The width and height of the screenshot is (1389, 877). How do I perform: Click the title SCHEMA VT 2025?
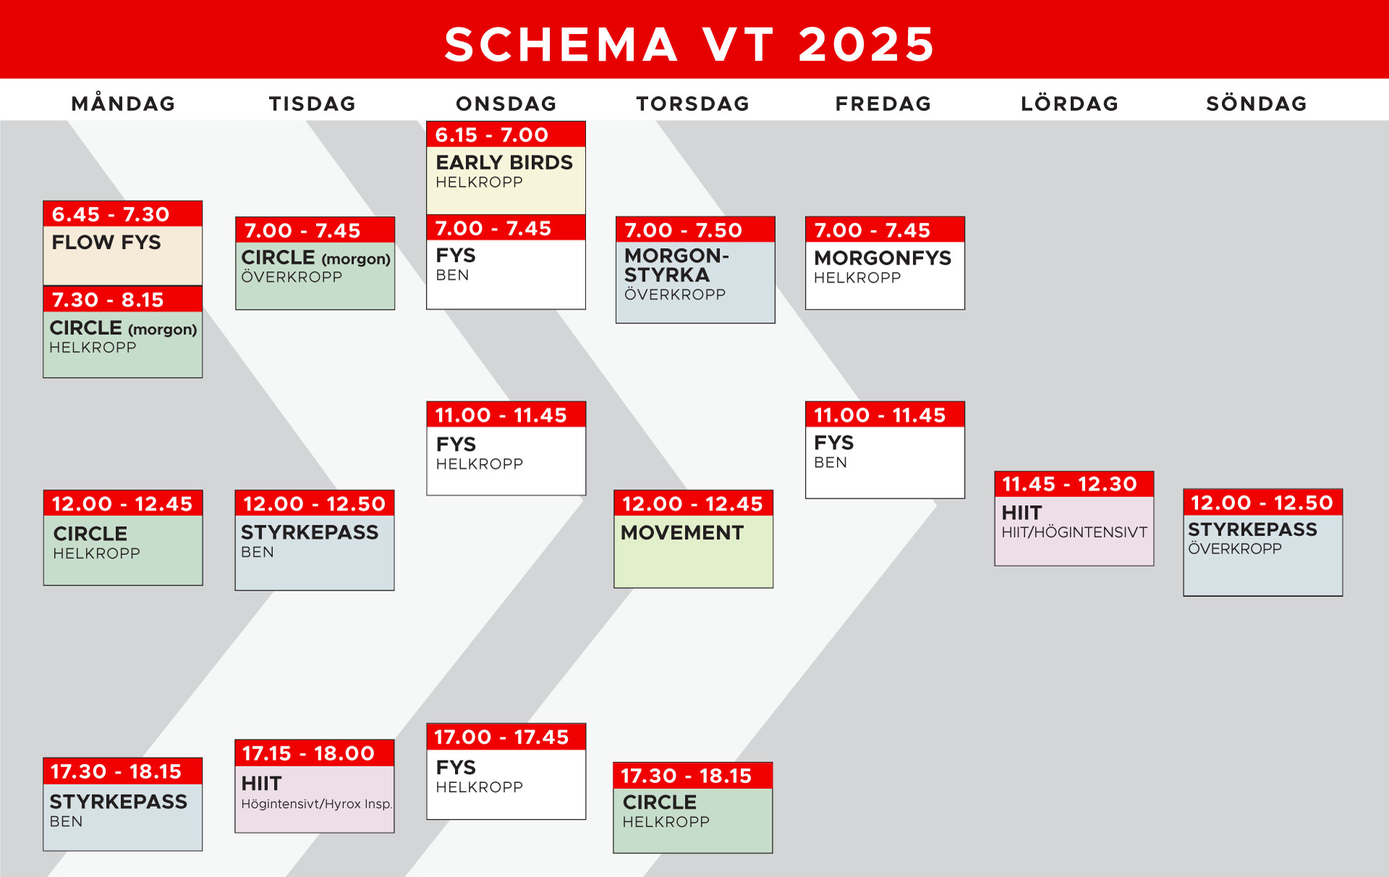click(x=689, y=44)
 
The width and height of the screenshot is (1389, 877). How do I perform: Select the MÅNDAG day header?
click(x=124, y=103)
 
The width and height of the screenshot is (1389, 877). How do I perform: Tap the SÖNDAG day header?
click(x=1257, y=103)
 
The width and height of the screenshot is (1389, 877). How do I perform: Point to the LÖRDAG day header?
click(x=1070, y=103)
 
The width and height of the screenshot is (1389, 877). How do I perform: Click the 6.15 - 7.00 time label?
click(x=492, y=135)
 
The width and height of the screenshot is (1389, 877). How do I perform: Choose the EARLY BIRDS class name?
click(x=504, y=162)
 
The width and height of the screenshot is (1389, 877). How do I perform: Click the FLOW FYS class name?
click(x=106, y=242)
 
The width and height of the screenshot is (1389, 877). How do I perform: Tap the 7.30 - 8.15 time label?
click(x=108, y=300)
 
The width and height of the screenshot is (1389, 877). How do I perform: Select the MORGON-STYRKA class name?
click(x=676, y=265)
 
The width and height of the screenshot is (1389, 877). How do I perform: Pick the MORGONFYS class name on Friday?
click(x=883, y=258)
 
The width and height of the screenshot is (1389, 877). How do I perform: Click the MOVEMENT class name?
click(x=682, y=533)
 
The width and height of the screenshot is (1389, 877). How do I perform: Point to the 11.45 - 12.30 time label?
click(x=1069, y=484)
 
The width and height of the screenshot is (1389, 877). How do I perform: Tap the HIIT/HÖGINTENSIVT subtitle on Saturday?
click(x=1074, y=533)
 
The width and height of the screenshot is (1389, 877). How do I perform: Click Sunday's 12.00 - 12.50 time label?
click(x=1262, y=503)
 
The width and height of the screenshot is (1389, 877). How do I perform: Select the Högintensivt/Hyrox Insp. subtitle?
click(x=317, y=804)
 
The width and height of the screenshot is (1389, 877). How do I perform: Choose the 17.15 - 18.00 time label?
click(x=308, y=753)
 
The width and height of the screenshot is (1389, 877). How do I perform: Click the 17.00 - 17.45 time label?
click(x=501, y=737)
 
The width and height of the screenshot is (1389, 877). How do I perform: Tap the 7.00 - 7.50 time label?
click(x=683, y=230)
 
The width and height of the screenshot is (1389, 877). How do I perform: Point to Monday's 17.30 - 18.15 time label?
click(x=116, y=771)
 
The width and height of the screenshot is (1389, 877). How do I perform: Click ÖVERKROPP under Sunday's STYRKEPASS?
click(x=1235, y=548)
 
